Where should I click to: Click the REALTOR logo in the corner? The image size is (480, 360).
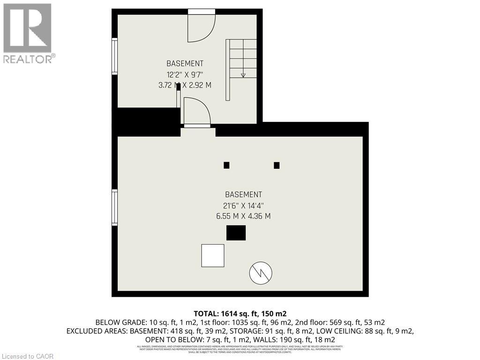pyautogui.click(x=28, y=33)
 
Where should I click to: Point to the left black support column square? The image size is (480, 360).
pyautogui.click(x=226, y=165)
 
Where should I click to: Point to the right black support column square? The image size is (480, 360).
pyautogui.click(x=277, y=165)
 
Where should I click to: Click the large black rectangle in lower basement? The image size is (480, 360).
pyautogui.click(x=236, y=233)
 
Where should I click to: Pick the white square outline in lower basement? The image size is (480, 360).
pyautogui.click(x=212, y=255)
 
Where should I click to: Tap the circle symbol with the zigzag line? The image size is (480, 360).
pyautogui.click(x=261, y=273)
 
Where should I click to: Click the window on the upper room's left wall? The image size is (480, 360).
pyautogui.click(x=114, y=56)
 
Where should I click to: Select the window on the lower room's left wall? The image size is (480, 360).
pyautogui.click(x=114, y=207)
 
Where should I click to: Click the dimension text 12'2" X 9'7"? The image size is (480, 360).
pyautogui.click(x=185, y=74)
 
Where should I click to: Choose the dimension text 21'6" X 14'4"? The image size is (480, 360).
pyautogui.click(x=243, y=205)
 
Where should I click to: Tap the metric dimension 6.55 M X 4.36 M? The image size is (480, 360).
pyautogui.click(x=243, y=216)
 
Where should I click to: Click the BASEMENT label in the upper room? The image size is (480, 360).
pyautogui.click(x=185, y=63)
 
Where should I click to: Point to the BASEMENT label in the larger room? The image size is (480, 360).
pyautogui.click(x=243, y=195)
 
